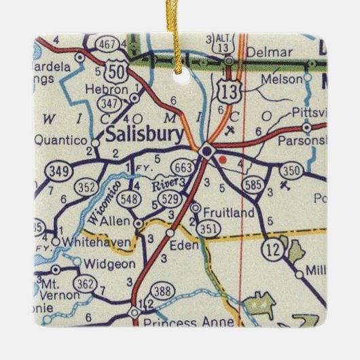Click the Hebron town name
click(107, 90)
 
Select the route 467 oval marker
click(107, 46)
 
